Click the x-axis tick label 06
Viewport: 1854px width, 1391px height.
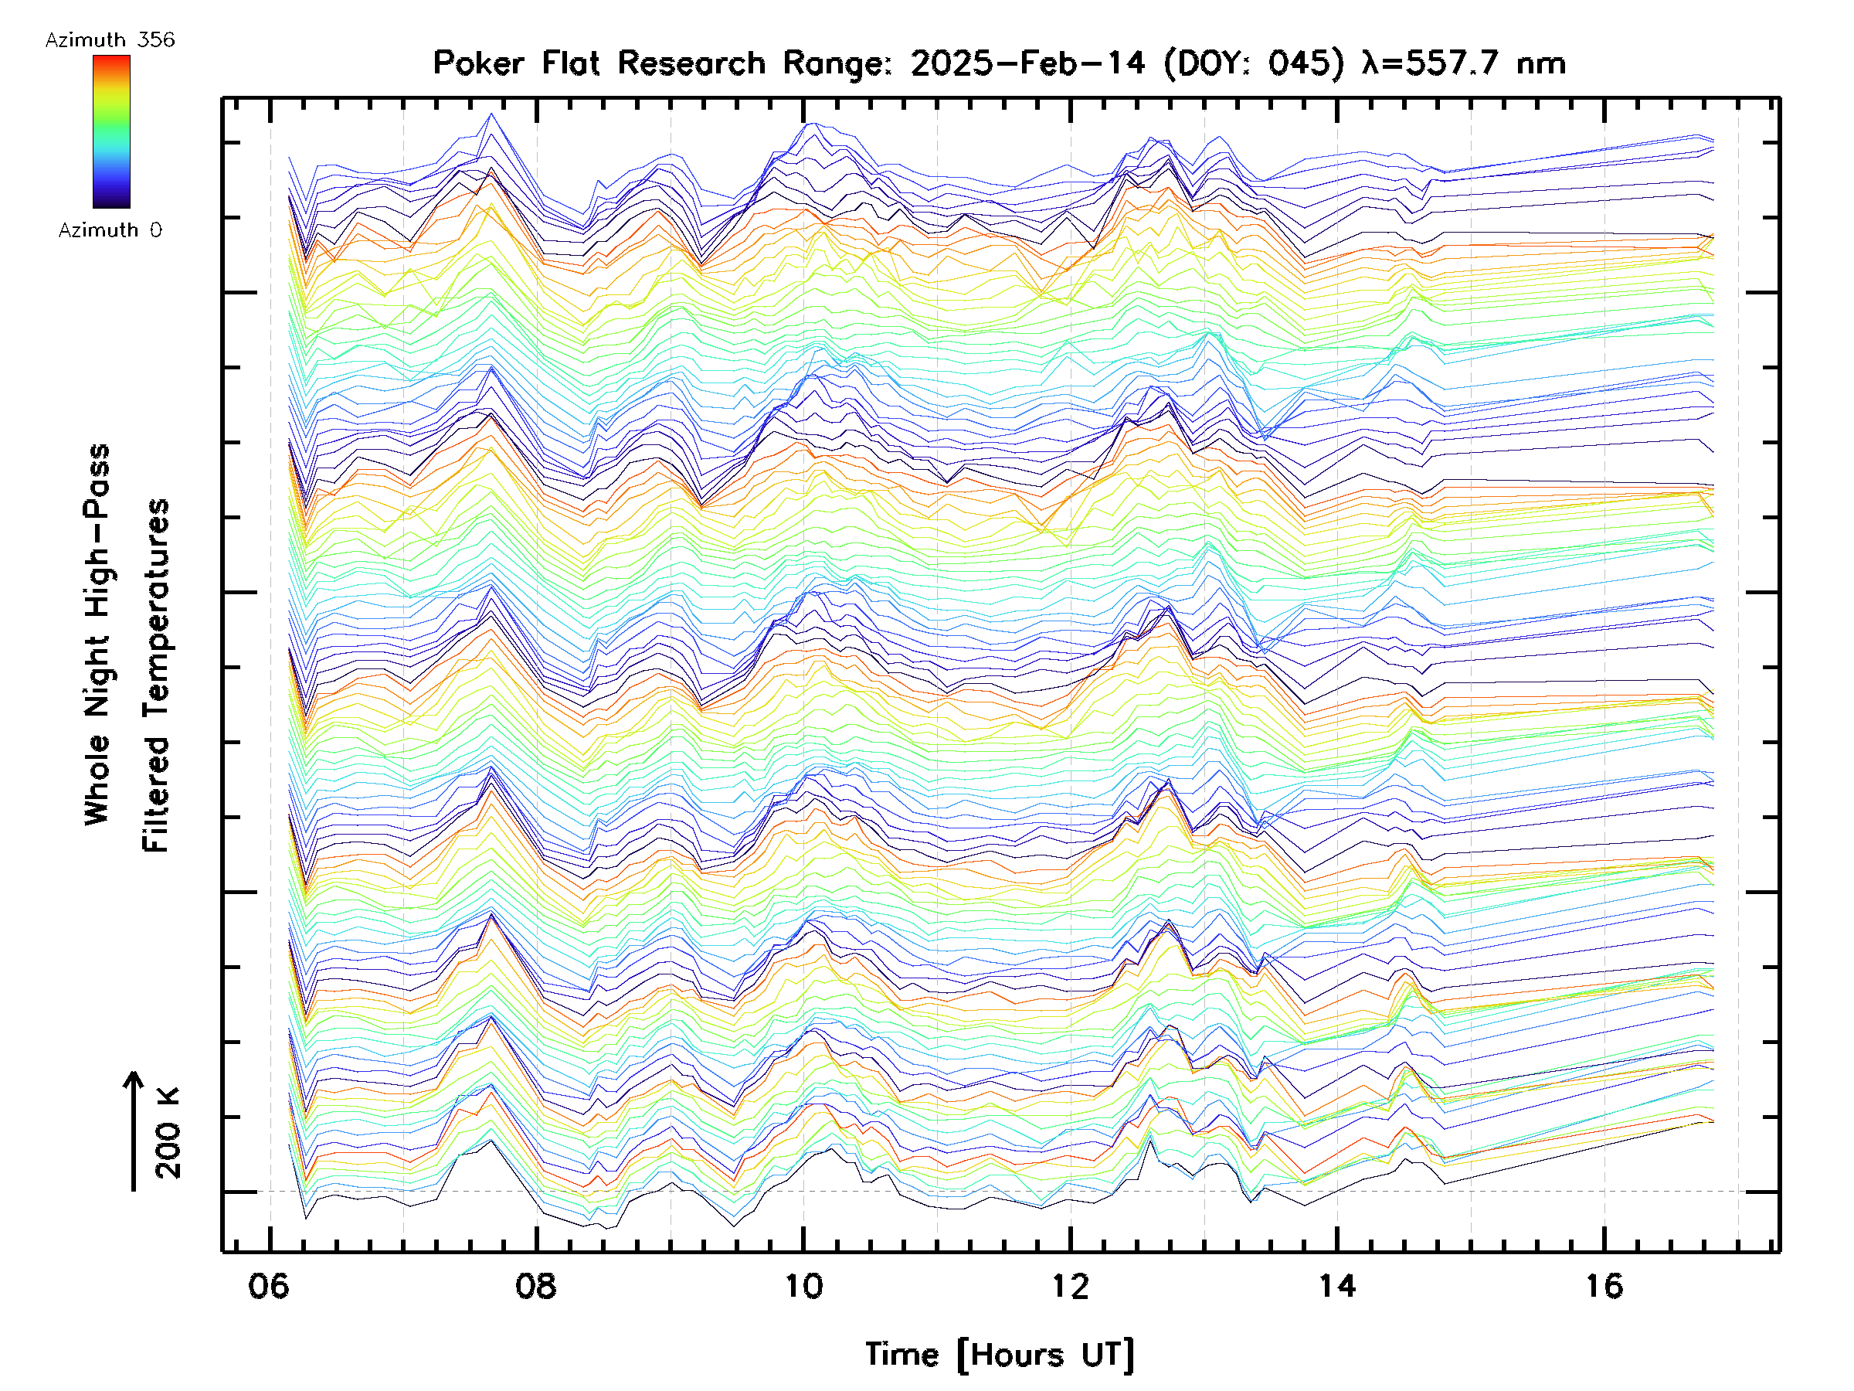tap(269, 1285)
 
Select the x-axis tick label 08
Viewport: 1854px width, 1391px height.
tap(535, 1285)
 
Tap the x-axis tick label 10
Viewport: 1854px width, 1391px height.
tap(803, 1285)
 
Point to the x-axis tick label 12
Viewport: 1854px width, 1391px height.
tap(1071, 1285)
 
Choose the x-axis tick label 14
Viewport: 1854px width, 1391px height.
tap(1337, 1285)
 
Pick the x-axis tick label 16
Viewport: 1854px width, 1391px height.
tap(1604, 1285)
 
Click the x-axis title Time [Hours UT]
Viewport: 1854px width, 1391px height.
tap(999, 1355)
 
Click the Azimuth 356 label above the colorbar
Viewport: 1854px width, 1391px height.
tap(110, 40)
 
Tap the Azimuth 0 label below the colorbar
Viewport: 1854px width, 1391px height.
tap(110, 230)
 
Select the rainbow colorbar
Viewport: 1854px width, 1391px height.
tap(111, 131)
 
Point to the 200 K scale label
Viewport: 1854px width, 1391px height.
tap(168, 1133)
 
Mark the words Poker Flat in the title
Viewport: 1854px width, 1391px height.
tap(516, 63)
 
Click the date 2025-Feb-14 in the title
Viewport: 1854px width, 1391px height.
tap(1027, 63)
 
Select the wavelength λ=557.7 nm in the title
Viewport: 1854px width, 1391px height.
tap(1463, 63)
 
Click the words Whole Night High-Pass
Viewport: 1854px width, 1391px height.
tap(97, 634)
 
